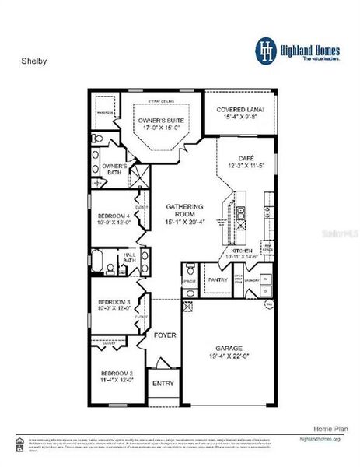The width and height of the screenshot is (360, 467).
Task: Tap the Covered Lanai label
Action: pyautogui.click(x=239, y=110)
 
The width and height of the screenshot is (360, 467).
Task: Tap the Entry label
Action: pyautogui.click(x=163, y=383)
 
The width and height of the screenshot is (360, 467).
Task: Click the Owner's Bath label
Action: pyautogui.click(x=115, y=170)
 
